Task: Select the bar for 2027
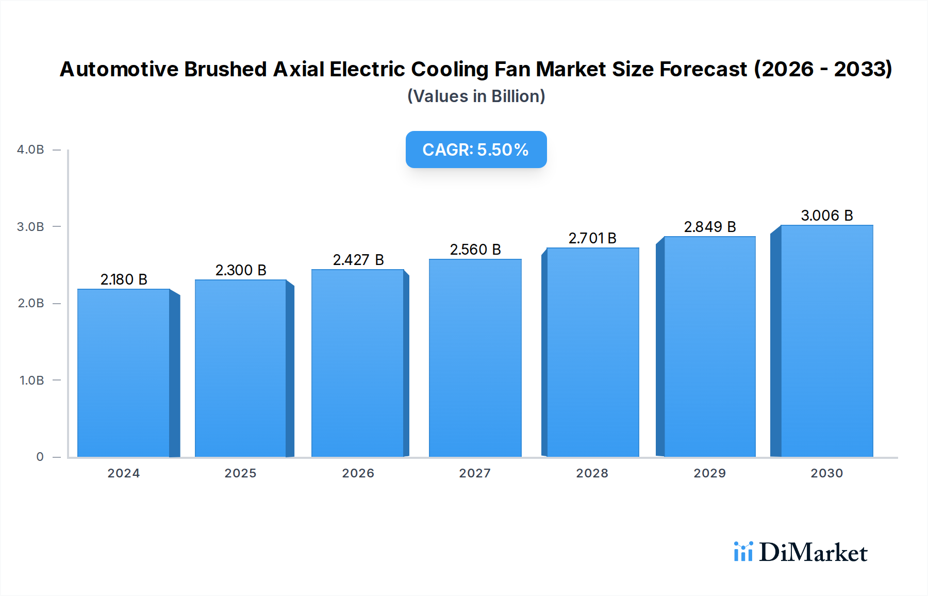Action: point(475,358)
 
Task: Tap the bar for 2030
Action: point(826,341)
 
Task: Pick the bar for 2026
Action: point(358,363)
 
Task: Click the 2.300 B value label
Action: point(241,270)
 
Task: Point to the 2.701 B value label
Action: point(592,238)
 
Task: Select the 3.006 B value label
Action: point(826,216)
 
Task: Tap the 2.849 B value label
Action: point(709,227)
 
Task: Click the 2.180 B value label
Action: point(124,279)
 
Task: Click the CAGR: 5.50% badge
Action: point(476,150)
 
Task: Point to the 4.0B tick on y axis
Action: point(30,150)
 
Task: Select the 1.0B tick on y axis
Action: point(31,380)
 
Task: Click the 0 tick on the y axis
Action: point(40,457)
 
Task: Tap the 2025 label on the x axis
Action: point(240,473)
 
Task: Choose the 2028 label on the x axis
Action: point(592,473)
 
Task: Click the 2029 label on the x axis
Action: point(709,473)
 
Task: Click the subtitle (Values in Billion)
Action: point(476,96)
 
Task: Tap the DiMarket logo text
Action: point(813,553)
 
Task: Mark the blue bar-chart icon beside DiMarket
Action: point(743,552)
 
